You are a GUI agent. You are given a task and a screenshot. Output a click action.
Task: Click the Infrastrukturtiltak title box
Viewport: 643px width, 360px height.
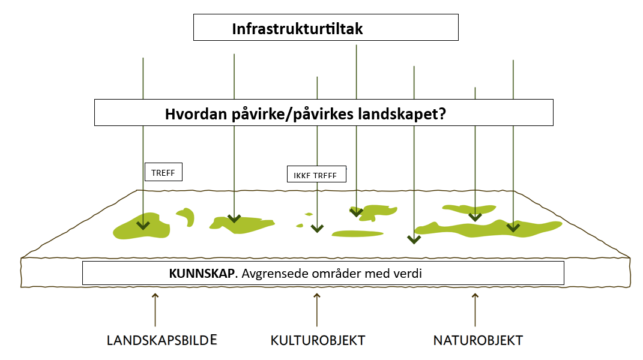point(325,28)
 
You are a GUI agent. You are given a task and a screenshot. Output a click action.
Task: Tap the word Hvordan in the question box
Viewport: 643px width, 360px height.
point(196,113)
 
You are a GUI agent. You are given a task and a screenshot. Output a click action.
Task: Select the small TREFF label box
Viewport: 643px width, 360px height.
point(164,172)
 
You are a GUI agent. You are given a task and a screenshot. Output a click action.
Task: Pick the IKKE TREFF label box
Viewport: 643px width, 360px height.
point(316,174)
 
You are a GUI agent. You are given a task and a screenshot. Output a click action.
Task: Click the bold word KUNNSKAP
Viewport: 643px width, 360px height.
point(202,274)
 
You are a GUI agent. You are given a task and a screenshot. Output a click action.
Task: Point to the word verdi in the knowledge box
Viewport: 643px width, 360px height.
point(408,274)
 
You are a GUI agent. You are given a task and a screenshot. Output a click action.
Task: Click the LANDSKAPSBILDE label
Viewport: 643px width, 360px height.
point(162,340)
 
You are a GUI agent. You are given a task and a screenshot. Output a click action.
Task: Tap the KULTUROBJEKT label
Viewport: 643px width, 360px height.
point(318,340)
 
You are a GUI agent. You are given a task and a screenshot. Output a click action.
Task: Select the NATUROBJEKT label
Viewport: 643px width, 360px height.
point(478,340)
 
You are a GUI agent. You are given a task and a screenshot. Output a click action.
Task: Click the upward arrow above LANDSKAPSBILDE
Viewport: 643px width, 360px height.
point(155,310)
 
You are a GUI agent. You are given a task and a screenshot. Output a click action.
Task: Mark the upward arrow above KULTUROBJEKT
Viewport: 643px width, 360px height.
point(317,310)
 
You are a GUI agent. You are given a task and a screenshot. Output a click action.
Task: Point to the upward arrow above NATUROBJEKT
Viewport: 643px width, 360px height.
point(475,310)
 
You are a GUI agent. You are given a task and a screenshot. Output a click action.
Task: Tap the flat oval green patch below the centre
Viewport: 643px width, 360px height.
point(357,234)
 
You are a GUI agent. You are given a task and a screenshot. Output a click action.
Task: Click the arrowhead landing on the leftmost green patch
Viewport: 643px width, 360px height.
point(143,225)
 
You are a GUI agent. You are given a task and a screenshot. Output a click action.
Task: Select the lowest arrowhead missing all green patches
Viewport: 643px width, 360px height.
point(414,239)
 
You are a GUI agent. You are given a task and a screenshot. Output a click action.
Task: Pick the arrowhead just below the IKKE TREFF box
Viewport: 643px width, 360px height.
point(317,228)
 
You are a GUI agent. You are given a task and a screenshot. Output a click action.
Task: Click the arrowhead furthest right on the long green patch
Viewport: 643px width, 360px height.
point(513,227)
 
